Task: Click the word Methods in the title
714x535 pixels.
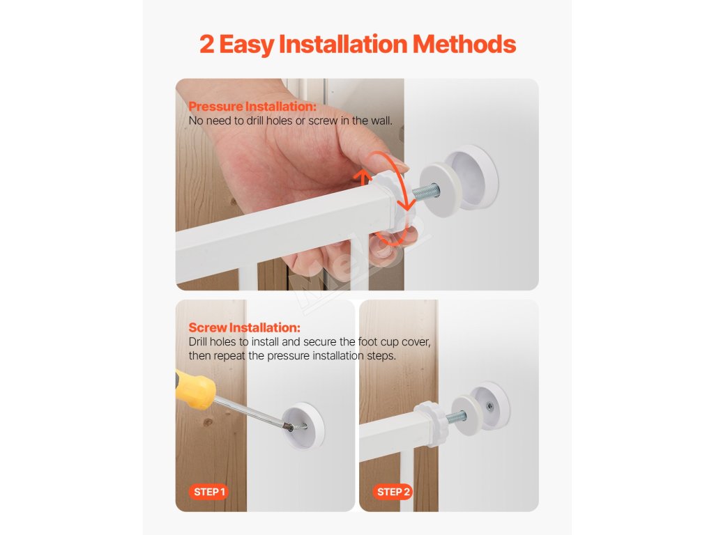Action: click(464, 44)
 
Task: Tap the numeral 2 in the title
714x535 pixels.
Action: click(206, 44)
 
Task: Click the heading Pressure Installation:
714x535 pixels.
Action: click(252, 107)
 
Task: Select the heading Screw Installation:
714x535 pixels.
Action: click(245, 327)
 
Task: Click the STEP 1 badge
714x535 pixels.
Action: click(209, 492)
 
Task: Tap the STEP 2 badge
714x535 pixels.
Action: click(393, 492)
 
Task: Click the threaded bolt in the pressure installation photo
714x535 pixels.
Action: click(425, 190)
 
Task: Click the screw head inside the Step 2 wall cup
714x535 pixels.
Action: click(489, 406)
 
